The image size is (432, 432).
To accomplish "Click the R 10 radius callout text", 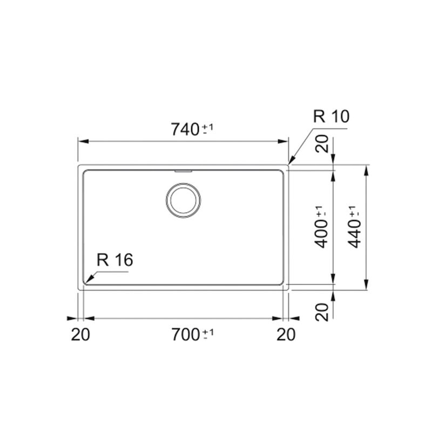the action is point(331,116).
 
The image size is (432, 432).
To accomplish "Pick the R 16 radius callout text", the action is point(115,260).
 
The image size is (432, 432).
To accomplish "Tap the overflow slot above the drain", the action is point(183,171).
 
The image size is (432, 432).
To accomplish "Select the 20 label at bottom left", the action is point(80,334).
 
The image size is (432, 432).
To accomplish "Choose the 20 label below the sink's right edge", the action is point(286,334).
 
